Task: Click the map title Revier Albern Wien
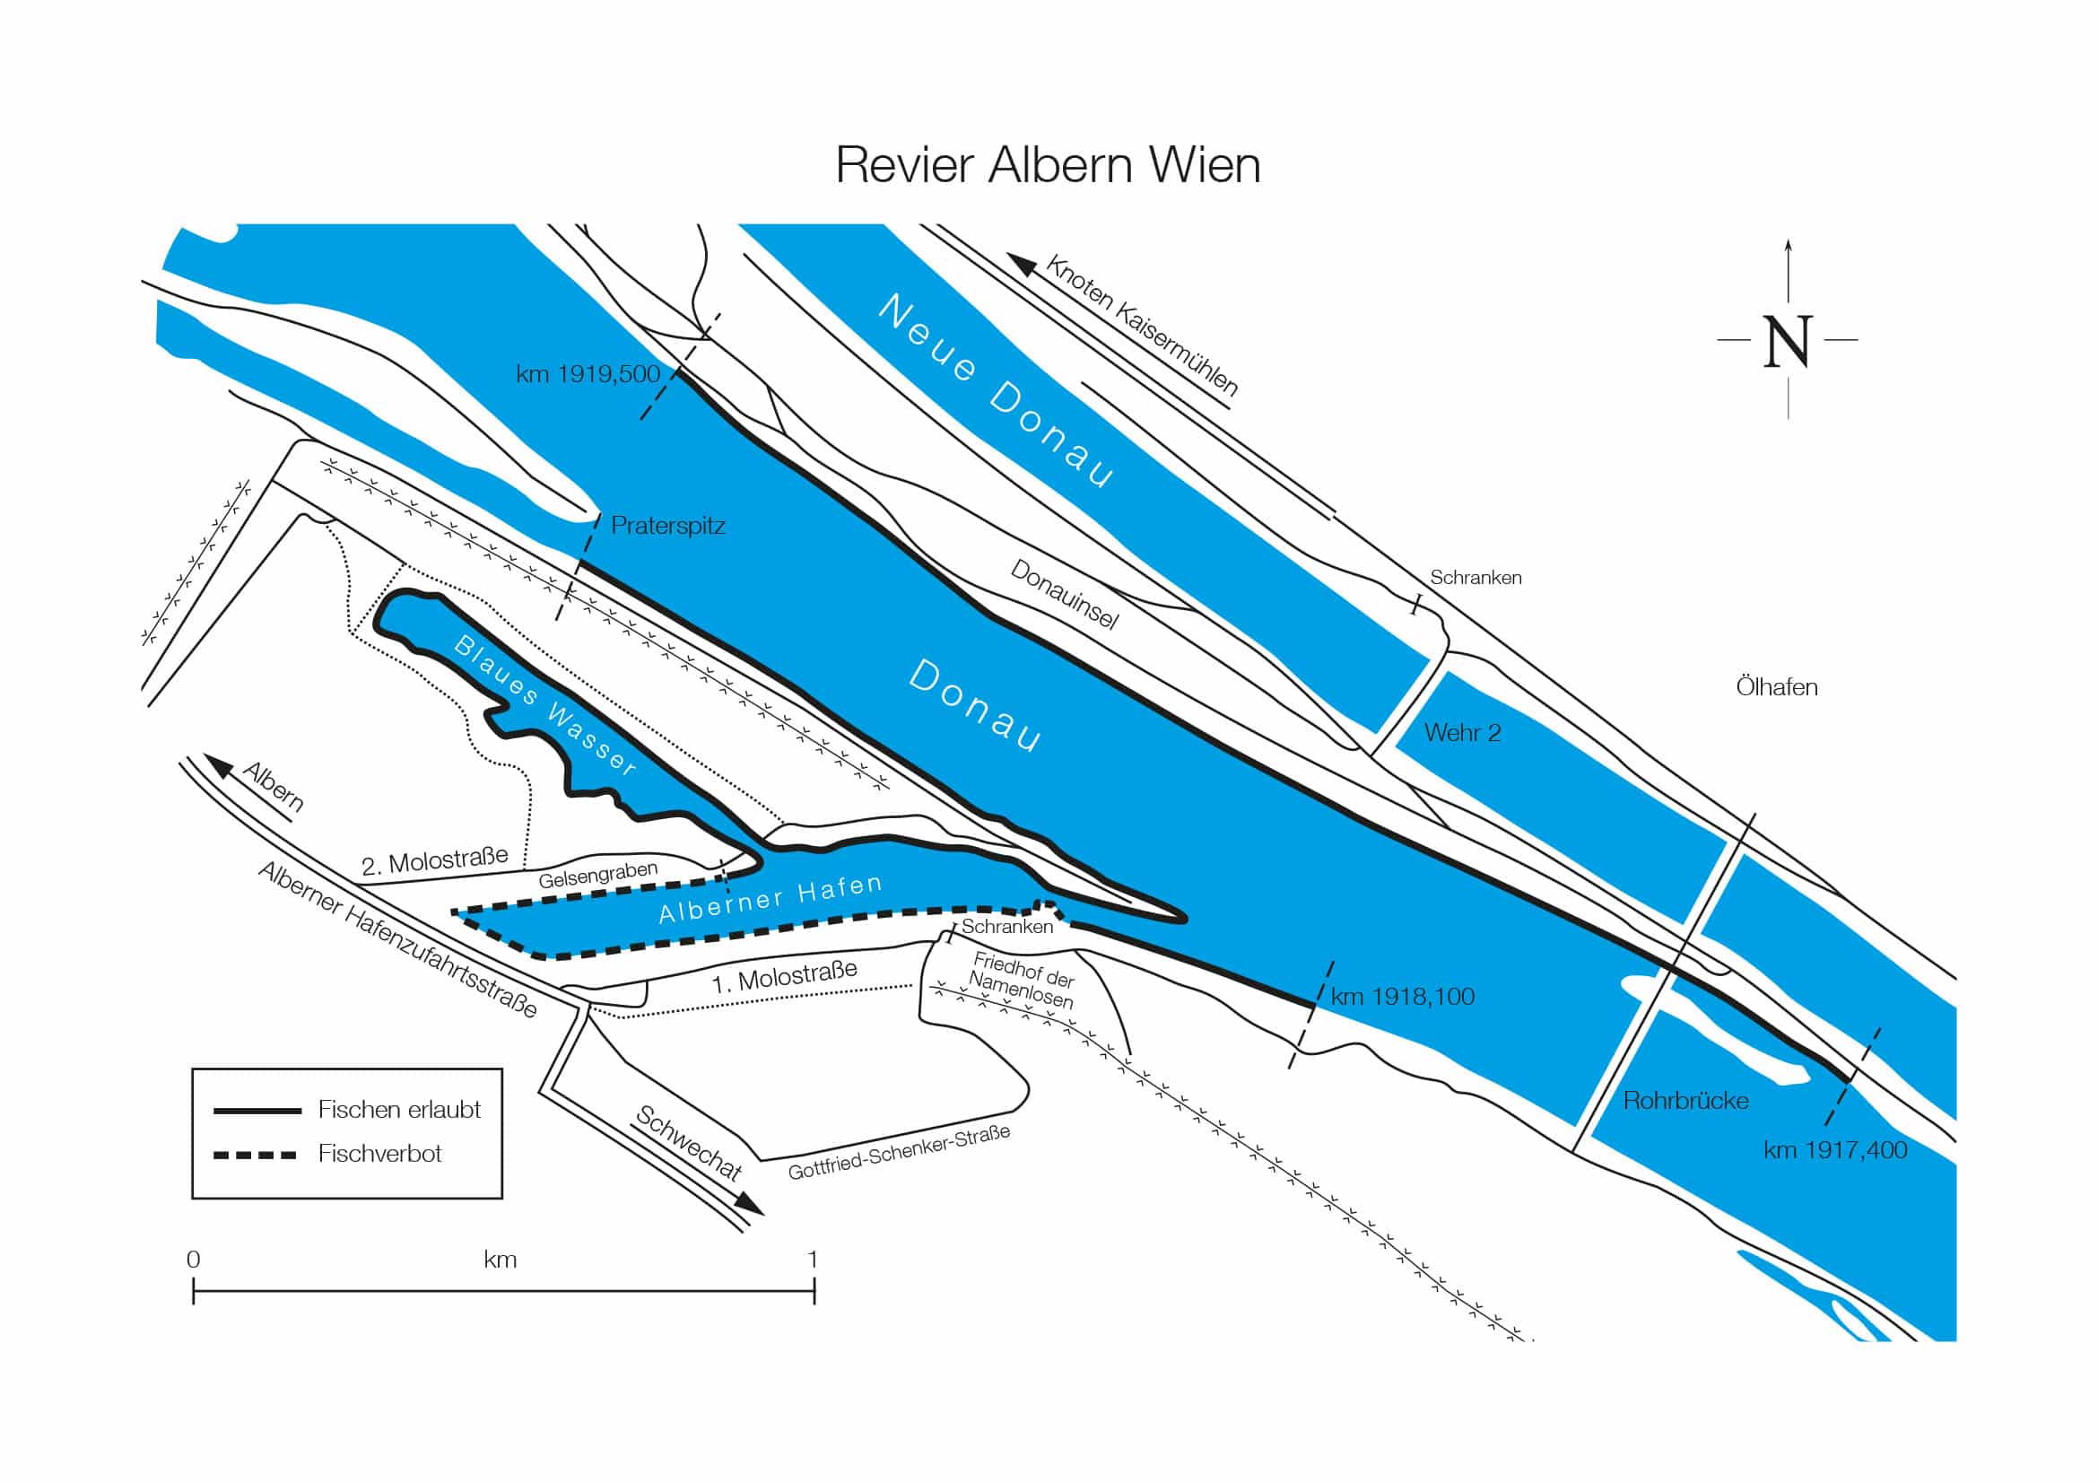point(1047,165)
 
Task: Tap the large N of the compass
point(1787,343)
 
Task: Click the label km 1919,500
point(587,374)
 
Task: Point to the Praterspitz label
point(668,527)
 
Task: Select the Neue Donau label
point(996,391)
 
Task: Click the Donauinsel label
point(1065,594)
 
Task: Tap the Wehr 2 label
point(1462,733)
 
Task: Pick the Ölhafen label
point(1776,687)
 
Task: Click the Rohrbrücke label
point(1685,1100)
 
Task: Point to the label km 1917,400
point(1835,1149)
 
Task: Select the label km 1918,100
point(1403,996)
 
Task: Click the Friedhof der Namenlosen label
point(1023,980)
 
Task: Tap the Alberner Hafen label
point(770,898)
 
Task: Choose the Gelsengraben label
point(597,875)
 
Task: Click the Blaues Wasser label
point(544,705)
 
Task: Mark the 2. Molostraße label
point(435,860)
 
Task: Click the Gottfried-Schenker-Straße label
point(899,1152)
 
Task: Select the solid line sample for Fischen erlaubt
point(257,1111)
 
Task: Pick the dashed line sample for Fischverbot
point(255,1155)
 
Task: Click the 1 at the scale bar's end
point(813,1259)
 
